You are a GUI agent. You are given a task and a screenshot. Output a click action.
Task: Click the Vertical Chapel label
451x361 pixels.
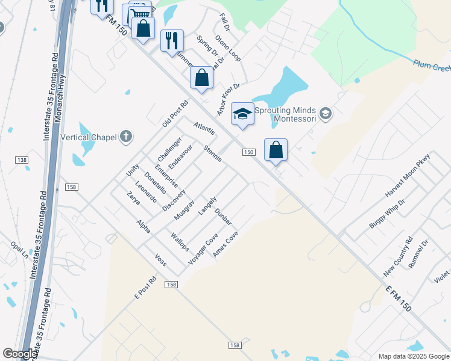[x=88, y=137]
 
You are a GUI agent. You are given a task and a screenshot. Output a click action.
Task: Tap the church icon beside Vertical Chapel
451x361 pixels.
[x=125, y=137]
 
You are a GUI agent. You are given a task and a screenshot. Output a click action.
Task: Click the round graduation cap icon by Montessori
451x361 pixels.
[x=326, y=113]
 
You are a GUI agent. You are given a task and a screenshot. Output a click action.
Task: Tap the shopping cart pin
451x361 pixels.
[x=139, y=14]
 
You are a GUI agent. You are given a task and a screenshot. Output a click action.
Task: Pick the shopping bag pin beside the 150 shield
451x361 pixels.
[x=276, y=150]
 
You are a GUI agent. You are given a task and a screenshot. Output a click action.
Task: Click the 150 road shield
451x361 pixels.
[x=248, y=152]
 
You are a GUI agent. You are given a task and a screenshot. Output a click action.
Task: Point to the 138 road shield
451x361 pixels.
[x=22, y=159]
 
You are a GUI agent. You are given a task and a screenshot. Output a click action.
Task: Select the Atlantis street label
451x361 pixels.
[x=204, y=129]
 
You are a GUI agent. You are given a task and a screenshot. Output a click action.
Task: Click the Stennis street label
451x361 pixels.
[x=213, y=153]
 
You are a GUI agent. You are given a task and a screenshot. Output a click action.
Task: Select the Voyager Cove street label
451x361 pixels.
[x=203, y=247]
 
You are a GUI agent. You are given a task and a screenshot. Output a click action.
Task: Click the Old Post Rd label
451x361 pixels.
[x=175, y=113]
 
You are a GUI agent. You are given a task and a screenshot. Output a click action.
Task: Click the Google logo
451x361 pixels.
[x=19, y=354]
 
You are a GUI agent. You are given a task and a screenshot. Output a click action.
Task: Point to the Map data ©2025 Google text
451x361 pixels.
[x=413, y=356]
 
